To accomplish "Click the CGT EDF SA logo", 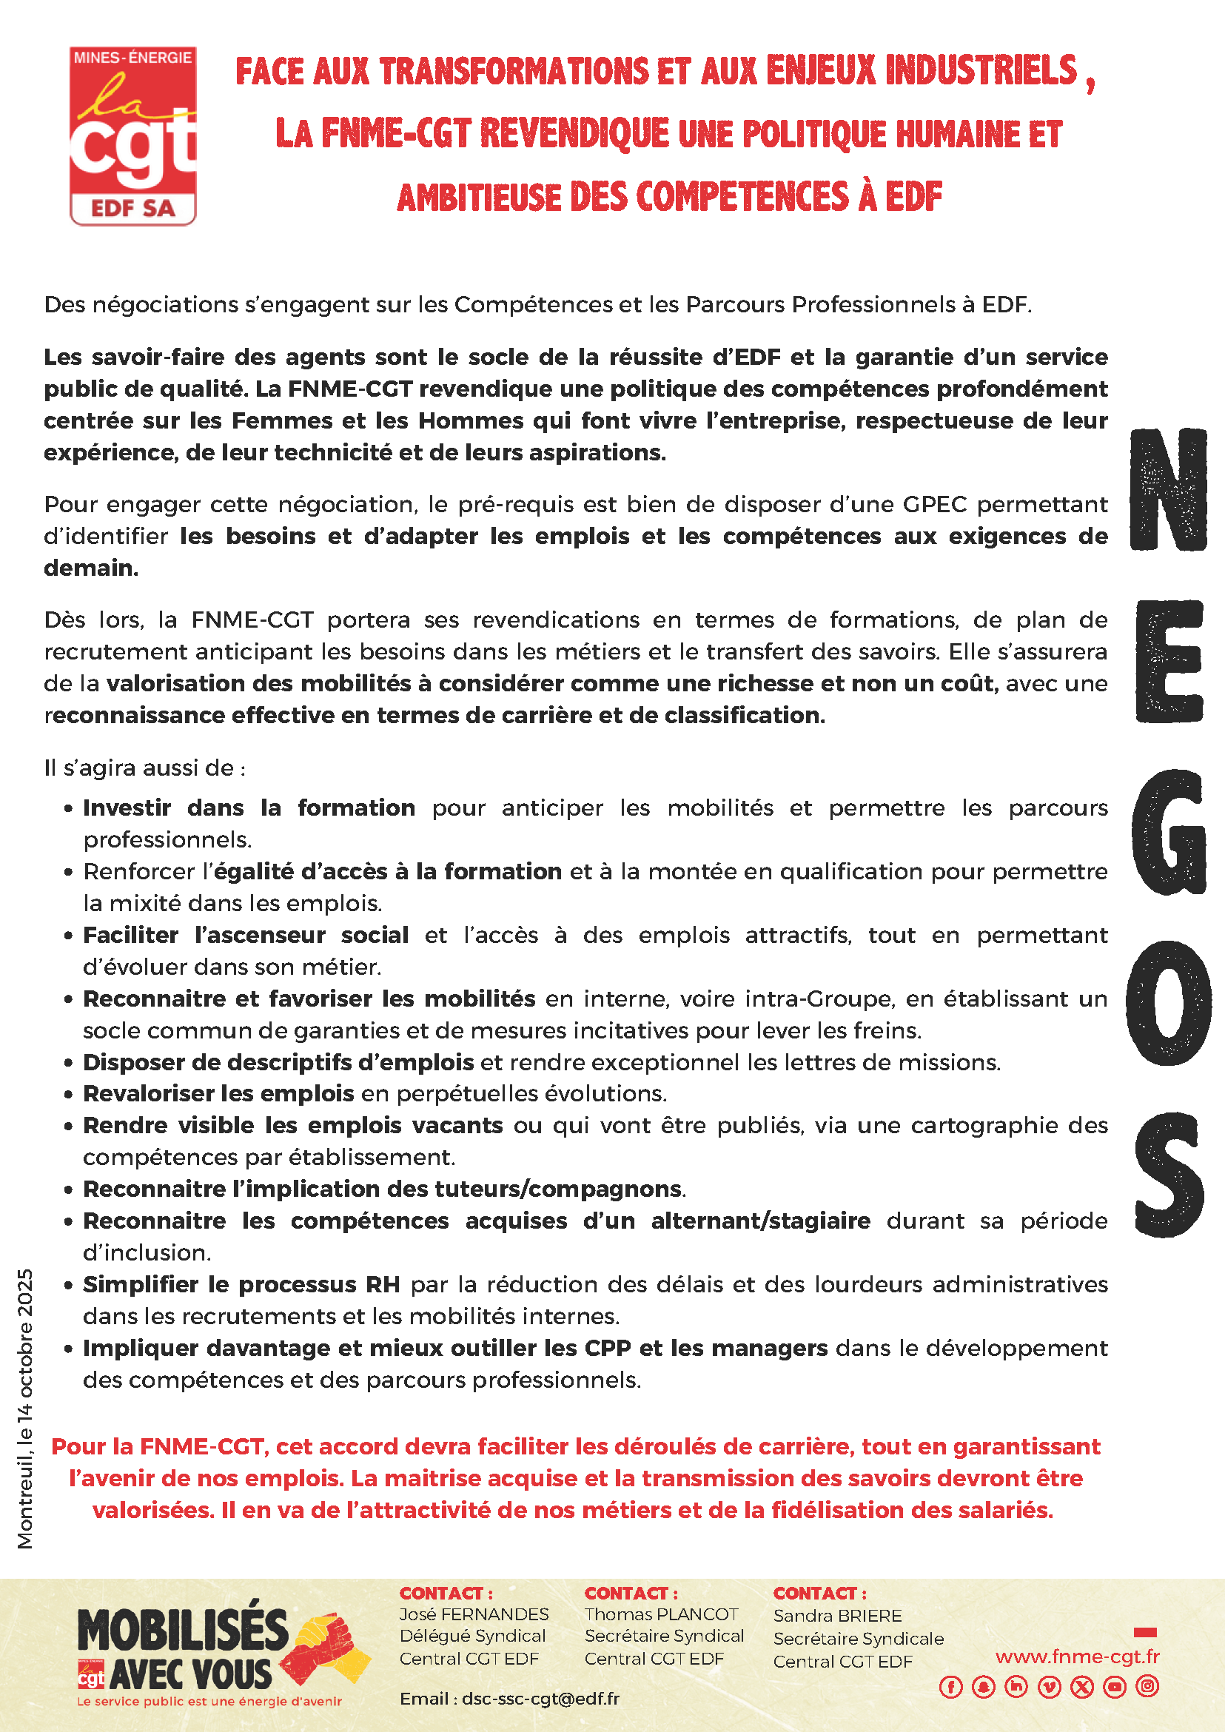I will point(132,135).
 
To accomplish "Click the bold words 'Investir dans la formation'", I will point(249,808).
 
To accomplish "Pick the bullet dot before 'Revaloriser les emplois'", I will point(69,1094).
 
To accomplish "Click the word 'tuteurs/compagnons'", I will point(568,1189).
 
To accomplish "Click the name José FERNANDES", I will point(474,1614).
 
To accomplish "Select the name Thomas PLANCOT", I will point(661,1614).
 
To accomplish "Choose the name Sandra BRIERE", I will point(837,1616).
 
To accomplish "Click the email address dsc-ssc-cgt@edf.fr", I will point(540,1699).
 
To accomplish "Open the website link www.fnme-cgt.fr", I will point(1077,1657).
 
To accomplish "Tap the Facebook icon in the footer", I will point(950,1687).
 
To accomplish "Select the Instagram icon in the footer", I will point(1147,1687).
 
